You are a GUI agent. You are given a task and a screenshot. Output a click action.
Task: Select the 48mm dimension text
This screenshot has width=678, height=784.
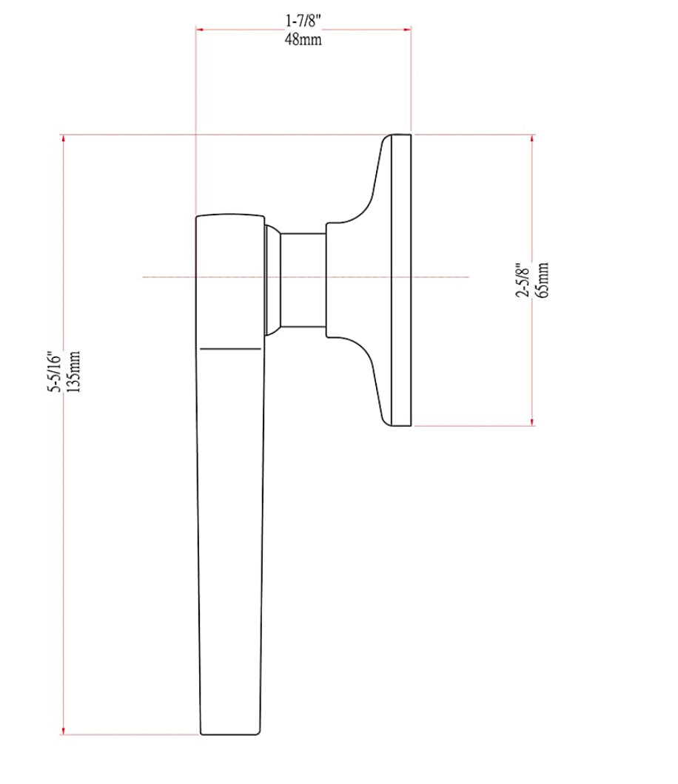coord(303,39)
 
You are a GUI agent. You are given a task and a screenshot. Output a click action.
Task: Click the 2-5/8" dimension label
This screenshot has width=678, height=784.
coord(522,279)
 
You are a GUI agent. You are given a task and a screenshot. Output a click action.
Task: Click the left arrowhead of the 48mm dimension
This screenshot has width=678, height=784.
coord(199,30)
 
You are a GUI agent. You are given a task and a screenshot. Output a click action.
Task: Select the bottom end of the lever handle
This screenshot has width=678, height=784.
coord(230,732)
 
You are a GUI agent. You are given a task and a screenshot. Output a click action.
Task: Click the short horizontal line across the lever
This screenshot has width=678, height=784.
coord(230,348)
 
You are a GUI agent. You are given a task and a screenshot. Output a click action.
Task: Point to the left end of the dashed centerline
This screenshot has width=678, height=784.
coord(144,277)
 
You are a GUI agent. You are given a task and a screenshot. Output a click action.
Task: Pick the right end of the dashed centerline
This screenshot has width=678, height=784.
coord(468,277)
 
